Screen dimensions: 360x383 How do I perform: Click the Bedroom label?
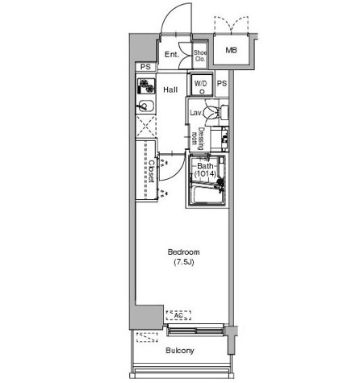coord(183,252)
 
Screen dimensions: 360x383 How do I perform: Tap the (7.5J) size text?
coord(183,262)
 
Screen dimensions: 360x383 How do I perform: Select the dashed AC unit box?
coord(178,315)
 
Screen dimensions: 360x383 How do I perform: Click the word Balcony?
coord(180,351)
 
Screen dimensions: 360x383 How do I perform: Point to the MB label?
coord(232,50)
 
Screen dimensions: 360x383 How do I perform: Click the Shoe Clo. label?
coord(200,56)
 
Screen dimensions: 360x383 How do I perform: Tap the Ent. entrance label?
coord(172,55)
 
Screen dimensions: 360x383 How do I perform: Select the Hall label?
coord(170,90)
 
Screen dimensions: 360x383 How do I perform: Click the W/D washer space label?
coord(201,84)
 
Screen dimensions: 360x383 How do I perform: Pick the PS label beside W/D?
coord(222,84)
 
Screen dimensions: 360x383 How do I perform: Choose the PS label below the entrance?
coord(145,67)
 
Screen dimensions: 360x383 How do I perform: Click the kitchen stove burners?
coord(146,85)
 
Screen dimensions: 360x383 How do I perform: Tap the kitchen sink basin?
coord(145,106)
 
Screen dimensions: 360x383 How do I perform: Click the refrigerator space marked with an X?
coord(146,127)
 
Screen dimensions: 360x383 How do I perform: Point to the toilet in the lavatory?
coord(211,112)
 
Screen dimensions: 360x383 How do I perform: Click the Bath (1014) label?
coord(205,170)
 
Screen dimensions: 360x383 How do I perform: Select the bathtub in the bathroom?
coord(207,194)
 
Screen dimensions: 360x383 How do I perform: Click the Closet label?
coord(152,172)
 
